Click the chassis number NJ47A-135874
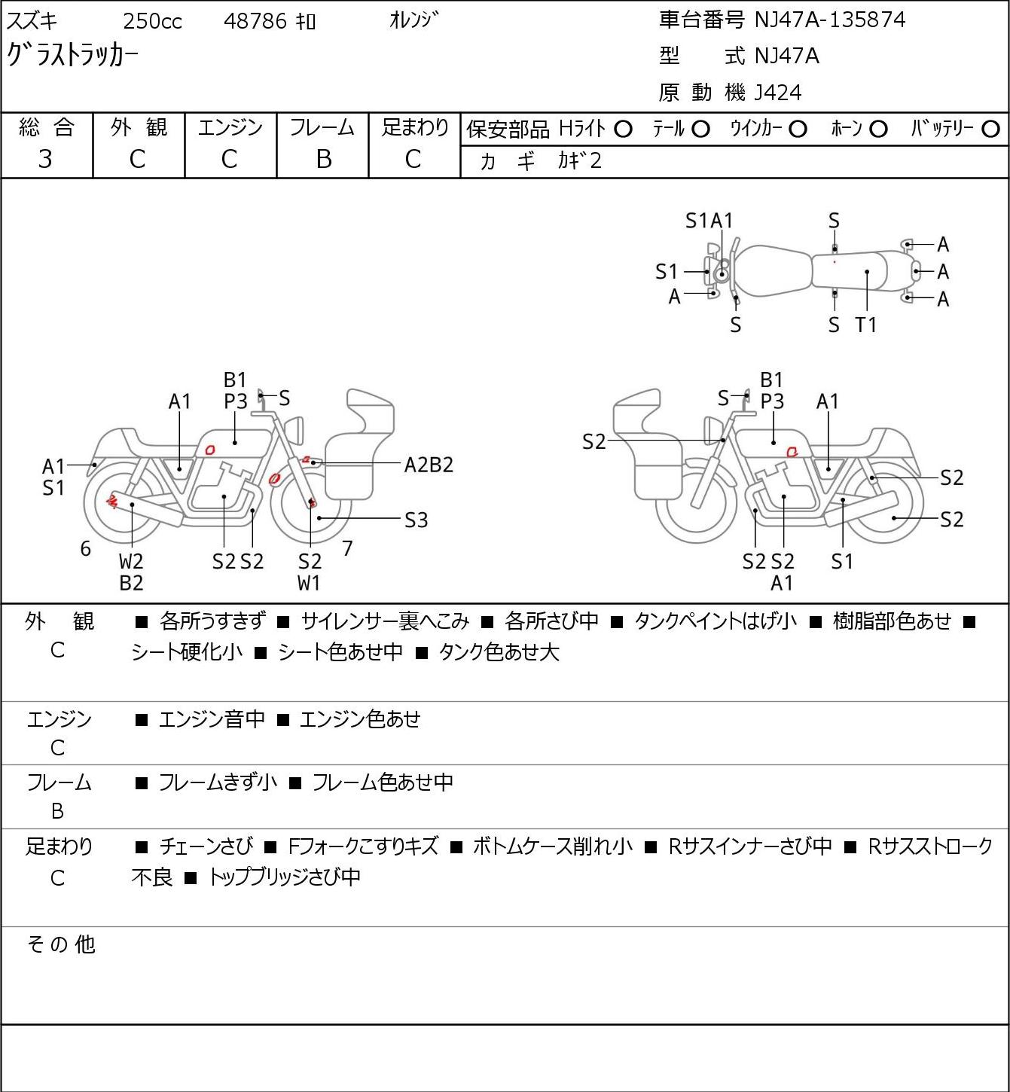tap(829, 20)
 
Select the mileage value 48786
tap(255, 21)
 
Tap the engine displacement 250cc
tap(152, 21)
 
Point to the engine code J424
tap(778, 93)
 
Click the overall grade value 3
tap(45, 160)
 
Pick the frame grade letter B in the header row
tap(323, 160)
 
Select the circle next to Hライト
tap(623, 130)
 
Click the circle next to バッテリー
tap(990, 130)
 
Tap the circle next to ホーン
tap(878, 130)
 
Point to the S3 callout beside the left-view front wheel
tap(416, 520)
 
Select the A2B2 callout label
tap(429, 465)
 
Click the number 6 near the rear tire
tap(85, 548)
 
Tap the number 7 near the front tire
tap(347, 548)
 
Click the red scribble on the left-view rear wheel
tap(111, 501)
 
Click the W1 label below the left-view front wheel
tap(309, 583)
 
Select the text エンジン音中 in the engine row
tap(212, 719)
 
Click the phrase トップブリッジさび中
tap(285, 877)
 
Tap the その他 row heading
tap(61, 944)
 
